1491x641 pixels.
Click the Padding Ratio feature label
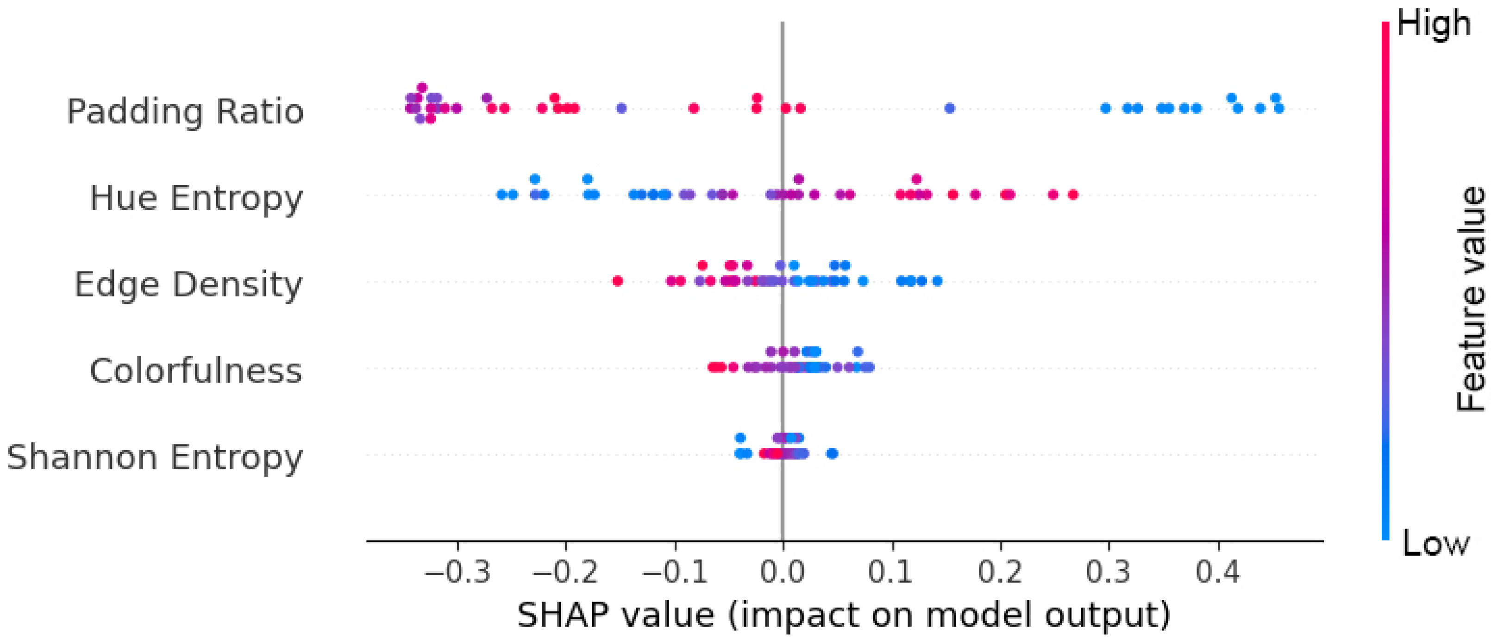185,111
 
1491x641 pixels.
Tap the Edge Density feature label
188,284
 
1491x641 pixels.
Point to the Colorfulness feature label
195,371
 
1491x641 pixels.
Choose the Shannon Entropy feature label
155,458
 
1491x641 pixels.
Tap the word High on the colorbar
1434,25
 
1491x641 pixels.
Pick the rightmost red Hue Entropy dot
1072,195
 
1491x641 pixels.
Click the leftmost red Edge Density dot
618,282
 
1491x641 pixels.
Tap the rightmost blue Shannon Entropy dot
832,453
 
